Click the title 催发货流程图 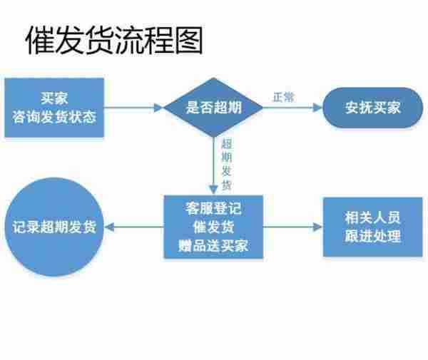(x=114, y=41)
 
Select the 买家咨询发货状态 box (x=54, y=108)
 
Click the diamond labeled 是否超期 (x=213, y=108)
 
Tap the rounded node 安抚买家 (x=372, y=108)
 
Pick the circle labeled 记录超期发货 (x=54, y=227)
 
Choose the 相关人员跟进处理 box (x=372, y=227)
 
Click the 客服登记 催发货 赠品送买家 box (x=213, y=227)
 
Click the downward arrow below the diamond (x=213, y=168)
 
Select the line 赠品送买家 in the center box (x=213, y=246)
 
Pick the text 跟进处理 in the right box (x=372, y=237)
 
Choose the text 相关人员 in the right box (x=372, y=218)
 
